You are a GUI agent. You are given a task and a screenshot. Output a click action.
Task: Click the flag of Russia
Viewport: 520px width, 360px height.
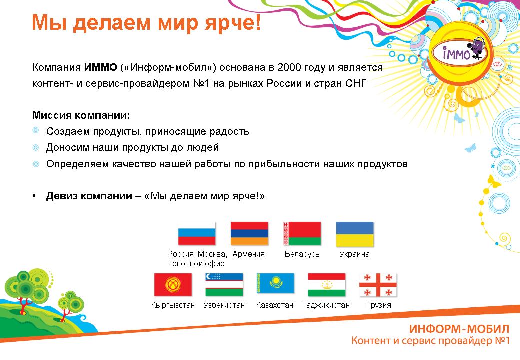197,233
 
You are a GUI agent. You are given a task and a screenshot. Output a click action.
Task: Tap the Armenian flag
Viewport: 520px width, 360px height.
249,233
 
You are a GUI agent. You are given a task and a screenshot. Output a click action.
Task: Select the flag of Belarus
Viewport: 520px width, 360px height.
302,233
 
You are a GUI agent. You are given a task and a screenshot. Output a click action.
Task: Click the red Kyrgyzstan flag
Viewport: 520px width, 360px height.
173,285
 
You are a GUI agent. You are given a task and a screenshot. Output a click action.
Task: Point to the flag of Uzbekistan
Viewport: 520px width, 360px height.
224,285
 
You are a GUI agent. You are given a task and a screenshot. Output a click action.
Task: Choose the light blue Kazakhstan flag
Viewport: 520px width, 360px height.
275,283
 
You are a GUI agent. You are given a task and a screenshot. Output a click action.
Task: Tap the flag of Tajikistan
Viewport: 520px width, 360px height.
327,285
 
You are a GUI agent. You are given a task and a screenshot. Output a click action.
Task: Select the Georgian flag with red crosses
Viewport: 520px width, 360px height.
378,285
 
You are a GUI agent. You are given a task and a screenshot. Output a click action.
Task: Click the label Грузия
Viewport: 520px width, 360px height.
378,305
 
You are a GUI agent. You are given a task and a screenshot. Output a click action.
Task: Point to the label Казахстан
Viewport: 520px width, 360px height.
275,305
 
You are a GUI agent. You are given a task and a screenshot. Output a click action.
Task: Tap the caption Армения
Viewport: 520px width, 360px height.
248,254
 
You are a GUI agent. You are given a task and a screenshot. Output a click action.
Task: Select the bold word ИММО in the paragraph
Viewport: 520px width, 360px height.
101,67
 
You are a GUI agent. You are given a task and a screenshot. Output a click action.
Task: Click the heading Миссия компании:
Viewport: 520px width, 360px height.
81,115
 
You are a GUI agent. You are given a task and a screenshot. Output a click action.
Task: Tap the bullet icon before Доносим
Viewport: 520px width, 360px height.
36,147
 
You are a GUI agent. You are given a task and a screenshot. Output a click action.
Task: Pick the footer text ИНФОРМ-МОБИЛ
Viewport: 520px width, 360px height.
459,329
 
